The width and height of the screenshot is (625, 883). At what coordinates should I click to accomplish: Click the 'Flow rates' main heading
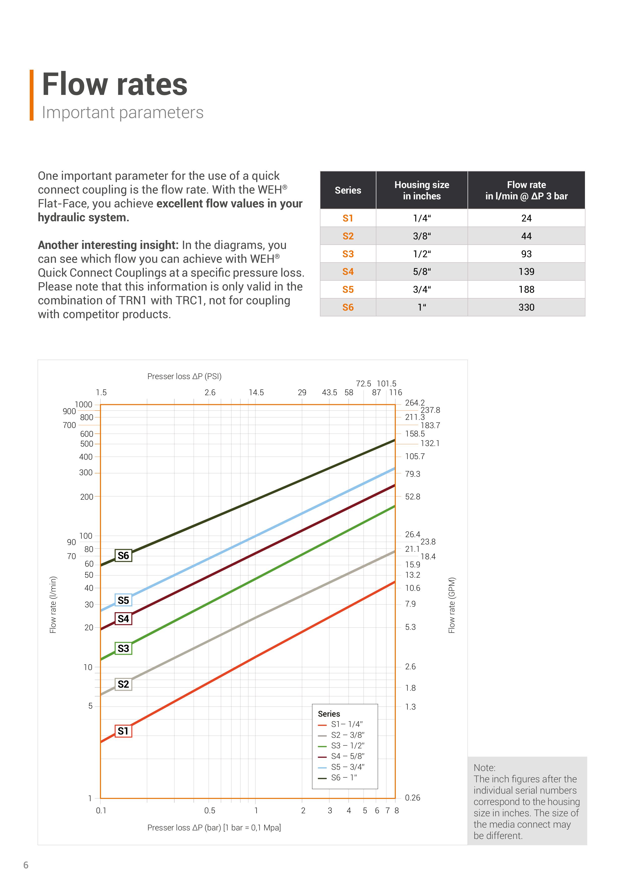pyautogui.click(x=114, y=84)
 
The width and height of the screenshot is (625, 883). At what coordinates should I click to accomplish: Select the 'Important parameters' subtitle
pyautogui.click(x=122, y=113)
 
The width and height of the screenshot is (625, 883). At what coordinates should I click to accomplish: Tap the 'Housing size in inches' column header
pyautogui.click(x=421, y=190)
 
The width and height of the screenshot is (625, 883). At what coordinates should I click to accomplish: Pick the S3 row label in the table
pyautogui.click(x=348, y=254)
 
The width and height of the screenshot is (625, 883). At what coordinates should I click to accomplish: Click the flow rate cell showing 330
pyautogui.click(x=526, y=307)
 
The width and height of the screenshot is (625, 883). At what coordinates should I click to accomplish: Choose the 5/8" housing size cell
pyautogui.click(x=421, y=272)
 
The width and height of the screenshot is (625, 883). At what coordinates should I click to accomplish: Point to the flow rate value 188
pyautogui.click(x=526, y=289)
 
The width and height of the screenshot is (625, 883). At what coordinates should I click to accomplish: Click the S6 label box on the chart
pyautogui.click(x=123, y=555)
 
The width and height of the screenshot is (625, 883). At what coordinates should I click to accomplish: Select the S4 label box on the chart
pyautogui.click(x=123, y=619)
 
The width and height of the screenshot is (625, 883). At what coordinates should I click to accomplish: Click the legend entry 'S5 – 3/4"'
pyautogui.click(x=347, y=766)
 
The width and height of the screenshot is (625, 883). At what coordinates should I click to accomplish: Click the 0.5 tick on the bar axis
pyautogui.click(x=210, y=810)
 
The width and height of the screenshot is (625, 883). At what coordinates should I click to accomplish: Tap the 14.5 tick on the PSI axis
pyautogui.click(x=256, y=392)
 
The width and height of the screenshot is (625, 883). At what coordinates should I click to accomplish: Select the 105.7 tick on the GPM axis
pyautogui.click(x=414, y=457)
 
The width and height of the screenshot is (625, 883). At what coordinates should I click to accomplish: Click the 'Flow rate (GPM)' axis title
pyautogui.click(x=452, y=605)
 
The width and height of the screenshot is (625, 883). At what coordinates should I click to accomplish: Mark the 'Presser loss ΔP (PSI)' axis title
pyautogui.click(x=184, y=376)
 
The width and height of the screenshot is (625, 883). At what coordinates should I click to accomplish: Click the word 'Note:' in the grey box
pyautogui.click(x=484, y=768)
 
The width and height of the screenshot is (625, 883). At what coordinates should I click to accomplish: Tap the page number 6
pyautogui.click(x=26, y=865)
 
